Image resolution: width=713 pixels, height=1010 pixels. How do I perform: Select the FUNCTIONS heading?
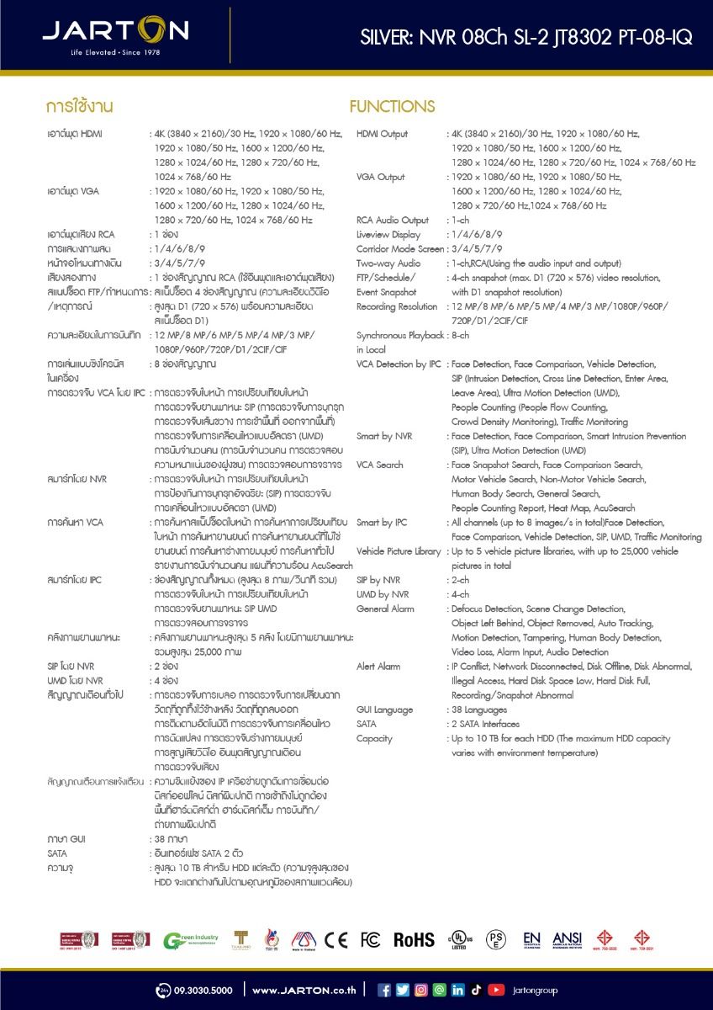click(392, 107)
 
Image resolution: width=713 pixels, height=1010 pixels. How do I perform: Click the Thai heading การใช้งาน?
click(80, 107)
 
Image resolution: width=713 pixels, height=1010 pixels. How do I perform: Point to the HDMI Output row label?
click(382, 134)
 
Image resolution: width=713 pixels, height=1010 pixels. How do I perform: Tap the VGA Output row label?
click(380, 177)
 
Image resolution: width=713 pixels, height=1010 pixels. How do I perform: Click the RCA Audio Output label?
click(393, 221)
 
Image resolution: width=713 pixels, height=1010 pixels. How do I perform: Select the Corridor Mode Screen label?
click(400, 249)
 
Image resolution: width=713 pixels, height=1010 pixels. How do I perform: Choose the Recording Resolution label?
click(398, 306)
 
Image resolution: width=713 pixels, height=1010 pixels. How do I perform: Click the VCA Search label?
click(379, 465)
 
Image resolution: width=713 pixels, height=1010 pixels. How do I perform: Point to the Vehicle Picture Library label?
click(399, 551)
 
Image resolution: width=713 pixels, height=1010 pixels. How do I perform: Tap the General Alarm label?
click(385, 609)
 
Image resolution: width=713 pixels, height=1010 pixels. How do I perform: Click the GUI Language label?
click(385, 710)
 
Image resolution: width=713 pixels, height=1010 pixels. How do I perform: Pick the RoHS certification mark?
click(414, 939)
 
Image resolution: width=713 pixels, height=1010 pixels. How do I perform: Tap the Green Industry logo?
click(191, 939)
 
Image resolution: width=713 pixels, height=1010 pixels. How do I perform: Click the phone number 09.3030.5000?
click(202, 990)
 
